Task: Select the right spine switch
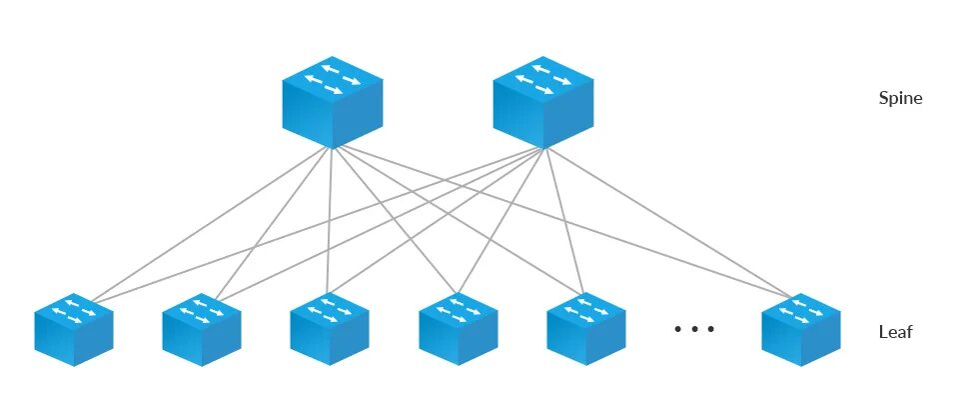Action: tap(544, 100)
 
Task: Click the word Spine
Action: tap(900, 99)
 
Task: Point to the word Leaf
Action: tap(895, 333)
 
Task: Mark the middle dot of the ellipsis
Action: tap(695, 328)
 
